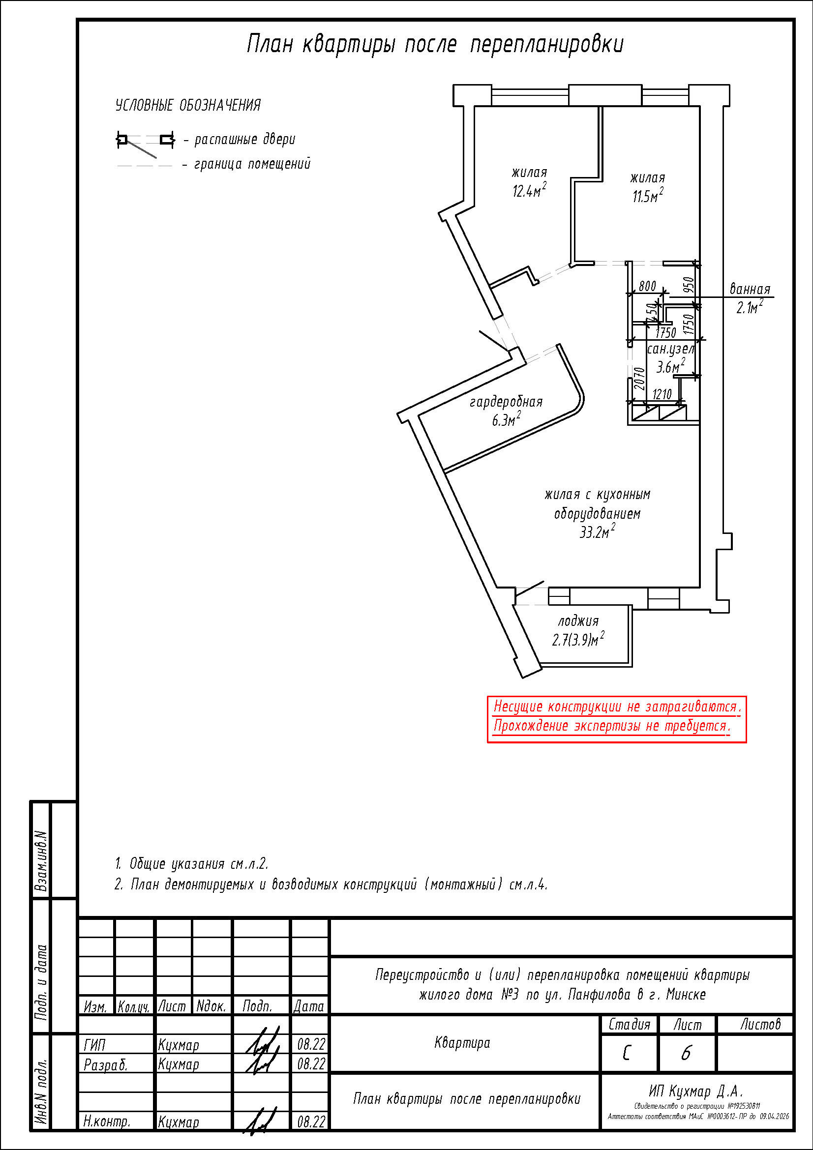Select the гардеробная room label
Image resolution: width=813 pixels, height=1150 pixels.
[506, 402]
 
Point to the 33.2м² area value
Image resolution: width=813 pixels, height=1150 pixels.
[597, 531]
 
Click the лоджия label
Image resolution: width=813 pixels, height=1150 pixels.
[578, 621]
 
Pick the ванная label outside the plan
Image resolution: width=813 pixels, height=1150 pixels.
[750, 289]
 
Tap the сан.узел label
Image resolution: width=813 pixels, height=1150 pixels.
[671, 349]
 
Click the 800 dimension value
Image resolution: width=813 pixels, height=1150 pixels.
[647, 286]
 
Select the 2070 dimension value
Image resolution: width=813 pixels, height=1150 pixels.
[639, 379]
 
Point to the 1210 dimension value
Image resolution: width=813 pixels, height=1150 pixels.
[662, 394]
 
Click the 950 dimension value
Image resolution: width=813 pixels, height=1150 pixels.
[689, 285]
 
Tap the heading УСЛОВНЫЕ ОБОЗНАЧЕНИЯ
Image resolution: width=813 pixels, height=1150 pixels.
[188, 105]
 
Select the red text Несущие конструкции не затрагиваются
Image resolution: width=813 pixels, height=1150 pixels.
[617, 707]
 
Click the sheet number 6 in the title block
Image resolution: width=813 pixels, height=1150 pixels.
[686, 1053]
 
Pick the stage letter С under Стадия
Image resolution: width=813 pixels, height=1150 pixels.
[627, 1053]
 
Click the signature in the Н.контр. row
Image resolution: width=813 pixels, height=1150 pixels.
[261, 1121]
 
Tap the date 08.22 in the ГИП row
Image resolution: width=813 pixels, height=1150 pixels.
[311, 1044]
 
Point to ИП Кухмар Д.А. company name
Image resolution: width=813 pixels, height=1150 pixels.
[696, 1091]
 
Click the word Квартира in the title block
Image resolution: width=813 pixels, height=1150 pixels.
[462, 1043]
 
